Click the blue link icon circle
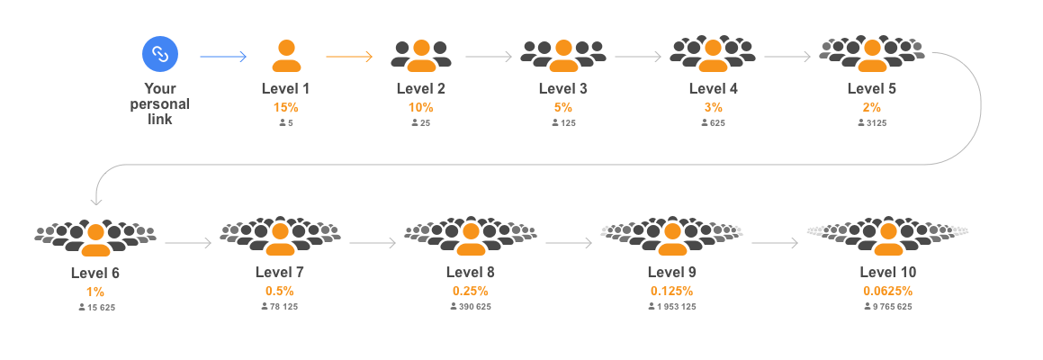point(160,54)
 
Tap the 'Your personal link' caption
point(160,103)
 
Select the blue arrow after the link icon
point(223,57)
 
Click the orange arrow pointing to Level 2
point(349,57)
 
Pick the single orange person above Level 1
point(286,56)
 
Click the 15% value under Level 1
point(285,107)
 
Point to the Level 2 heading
point(420,88)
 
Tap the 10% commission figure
point(420,107)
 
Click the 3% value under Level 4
point(713,107)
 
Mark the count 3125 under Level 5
point(871,122)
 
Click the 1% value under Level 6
point(95,292)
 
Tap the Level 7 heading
point(279,272)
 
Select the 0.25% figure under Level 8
point(470,291)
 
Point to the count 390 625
point(470,306)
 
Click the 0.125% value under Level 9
point(671,291)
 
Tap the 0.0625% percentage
point(887,291)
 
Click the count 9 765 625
point(887,306)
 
